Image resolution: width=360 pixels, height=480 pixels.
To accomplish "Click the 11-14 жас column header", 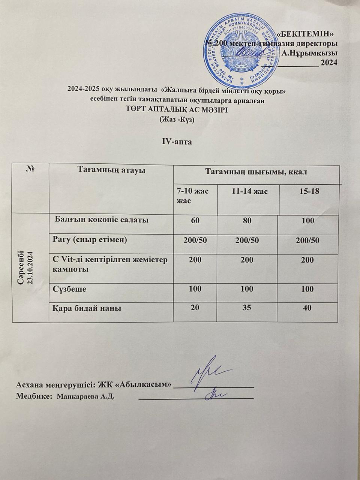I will click(249, 192).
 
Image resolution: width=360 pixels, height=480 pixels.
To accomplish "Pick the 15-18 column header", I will click(309, 192).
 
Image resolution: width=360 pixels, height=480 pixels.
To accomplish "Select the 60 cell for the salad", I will click(195, 221).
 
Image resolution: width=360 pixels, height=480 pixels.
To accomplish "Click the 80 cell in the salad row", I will click(247, 221).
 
